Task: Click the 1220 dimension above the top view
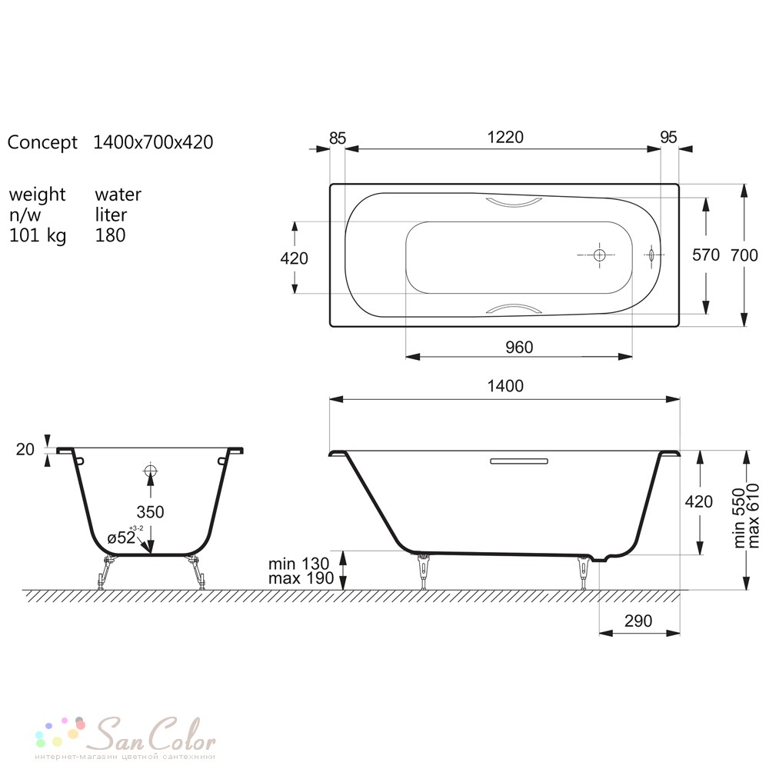click(x=505, y=137)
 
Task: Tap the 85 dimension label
click(x=338, y=138)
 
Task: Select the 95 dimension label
click(x=668, y=138)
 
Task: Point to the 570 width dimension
click(x=706, y=255)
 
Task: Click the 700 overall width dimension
click(x=744, y=255)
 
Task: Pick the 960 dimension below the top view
click(x=519, y=348)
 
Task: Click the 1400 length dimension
click(x=505, y=386)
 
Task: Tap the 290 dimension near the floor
click(x=638, y=621)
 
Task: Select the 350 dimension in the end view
click(x=150, y=512)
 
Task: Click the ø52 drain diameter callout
click(x=122, y=538)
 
